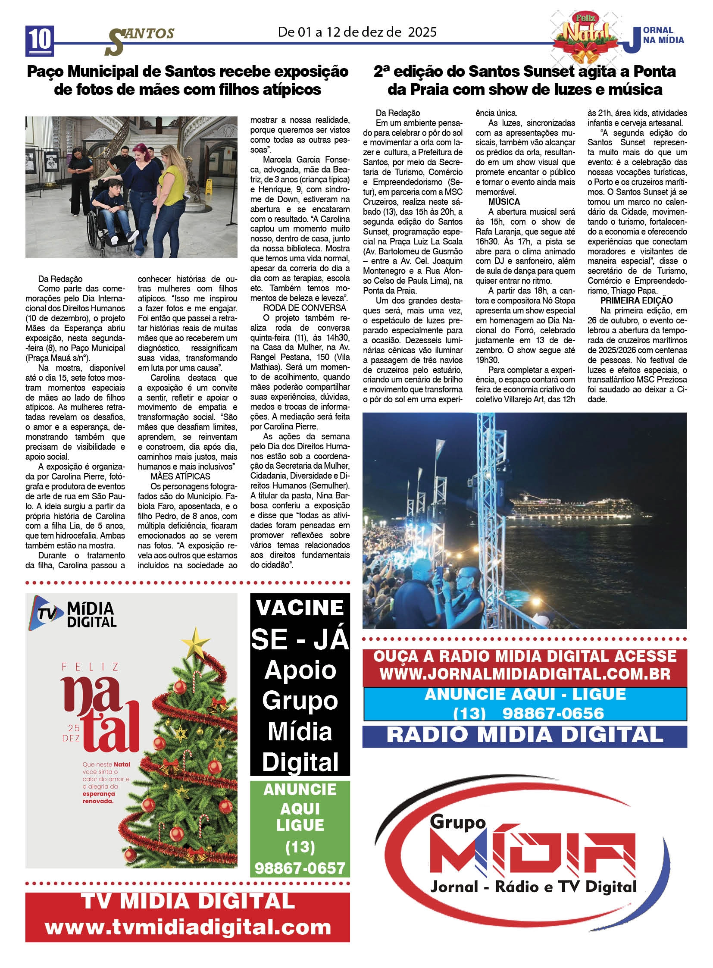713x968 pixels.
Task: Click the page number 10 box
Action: click(x=40, y=40)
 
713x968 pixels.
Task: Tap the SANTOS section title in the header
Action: click(x=140, y=39)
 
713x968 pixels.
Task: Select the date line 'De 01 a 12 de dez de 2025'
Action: click(x=357, y=32)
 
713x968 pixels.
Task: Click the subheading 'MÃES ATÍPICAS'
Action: click(x=181, y=476)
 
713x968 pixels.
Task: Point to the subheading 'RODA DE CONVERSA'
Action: click(x=304, y=308)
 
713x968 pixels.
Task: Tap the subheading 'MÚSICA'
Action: click(x=503, y=202)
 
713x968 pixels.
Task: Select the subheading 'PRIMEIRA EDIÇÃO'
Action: click(x=636, y=301)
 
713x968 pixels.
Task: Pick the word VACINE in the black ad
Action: click(x=300, y=608)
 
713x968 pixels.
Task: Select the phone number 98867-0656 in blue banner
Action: click(x=553, y=713)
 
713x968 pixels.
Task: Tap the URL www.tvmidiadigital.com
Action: click(x=188, y=927)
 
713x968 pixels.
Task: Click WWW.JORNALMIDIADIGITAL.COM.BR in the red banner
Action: click(x=525, y=674)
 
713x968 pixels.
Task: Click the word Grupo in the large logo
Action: click(x=457, y=822)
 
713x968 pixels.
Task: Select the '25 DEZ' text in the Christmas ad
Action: click(x=71, y=733)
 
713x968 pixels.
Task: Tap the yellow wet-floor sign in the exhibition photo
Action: click(x=209, y=186)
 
